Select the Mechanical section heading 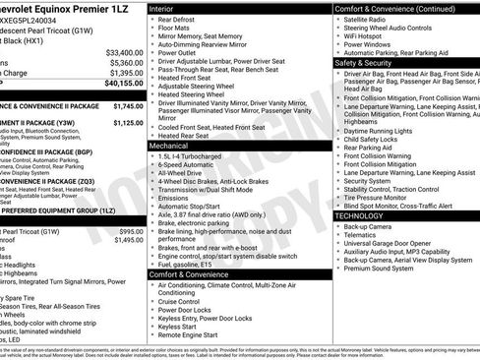click(x=170, y=145)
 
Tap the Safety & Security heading click(x=365, y=61)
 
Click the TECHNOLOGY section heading click(x=361, y=215)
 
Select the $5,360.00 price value click(x=126, y=62)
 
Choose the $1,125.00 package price click(x=128, y=124)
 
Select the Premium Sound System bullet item click(x=379, y=268)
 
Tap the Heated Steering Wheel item click(x=196, y=93)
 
